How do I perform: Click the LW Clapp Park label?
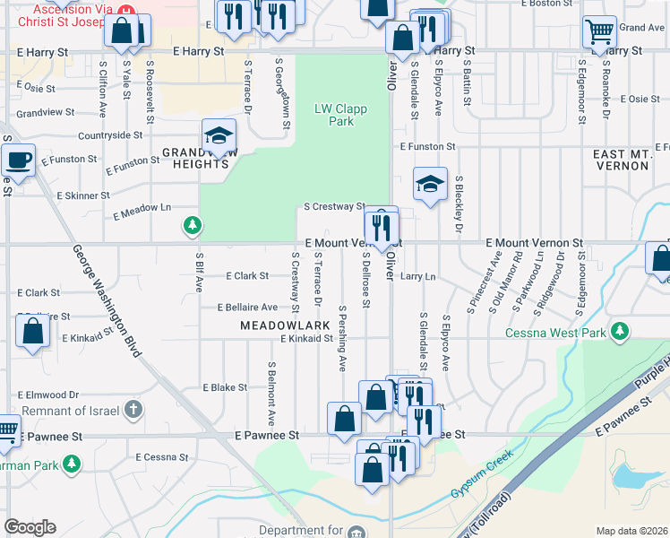[x=335, y=115]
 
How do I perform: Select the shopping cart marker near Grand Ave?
[x=599, y=31]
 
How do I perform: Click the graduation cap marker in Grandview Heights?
[x=219, y=136]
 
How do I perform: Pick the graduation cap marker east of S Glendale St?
[x=430, y=185]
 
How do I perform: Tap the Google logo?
[x=30, y=527]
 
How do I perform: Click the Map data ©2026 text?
[x=631, y=531]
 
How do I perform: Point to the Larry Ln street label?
[x=417, y=277]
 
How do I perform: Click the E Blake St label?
[x=225, y=387]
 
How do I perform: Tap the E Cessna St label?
[x=156, y=457]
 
